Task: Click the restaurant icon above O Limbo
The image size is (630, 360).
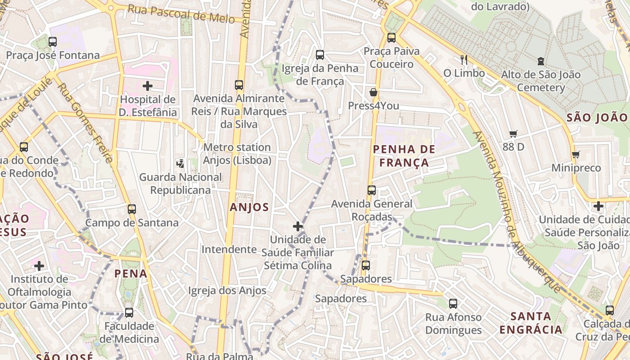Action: pos(464,59)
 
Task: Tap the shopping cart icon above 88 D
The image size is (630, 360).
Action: pos(513,134)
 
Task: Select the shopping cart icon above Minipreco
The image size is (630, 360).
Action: pos(576,155)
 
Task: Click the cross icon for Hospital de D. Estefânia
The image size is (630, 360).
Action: pos(148,85)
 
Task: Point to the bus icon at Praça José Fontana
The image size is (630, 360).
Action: pos(53,42)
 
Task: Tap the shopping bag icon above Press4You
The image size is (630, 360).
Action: pos(373,93)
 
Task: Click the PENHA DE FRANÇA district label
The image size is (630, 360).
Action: pos(404,156)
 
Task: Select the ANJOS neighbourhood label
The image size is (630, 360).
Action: pos(249,207)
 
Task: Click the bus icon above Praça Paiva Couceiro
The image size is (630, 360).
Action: pos(391,38)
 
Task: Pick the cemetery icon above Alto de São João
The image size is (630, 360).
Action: pos(540,61)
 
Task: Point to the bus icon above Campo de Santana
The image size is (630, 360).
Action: pos(131,209)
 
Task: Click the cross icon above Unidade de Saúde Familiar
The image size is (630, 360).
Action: pos(297,226)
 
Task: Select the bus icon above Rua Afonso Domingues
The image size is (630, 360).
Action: pos(453,304)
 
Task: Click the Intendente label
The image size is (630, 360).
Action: pos(229,249)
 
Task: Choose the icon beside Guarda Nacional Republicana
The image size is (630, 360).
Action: pos(180,164)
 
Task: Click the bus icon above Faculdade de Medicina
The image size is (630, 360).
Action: pos(129,312)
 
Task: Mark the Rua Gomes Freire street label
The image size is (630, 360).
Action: pos(86,122)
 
